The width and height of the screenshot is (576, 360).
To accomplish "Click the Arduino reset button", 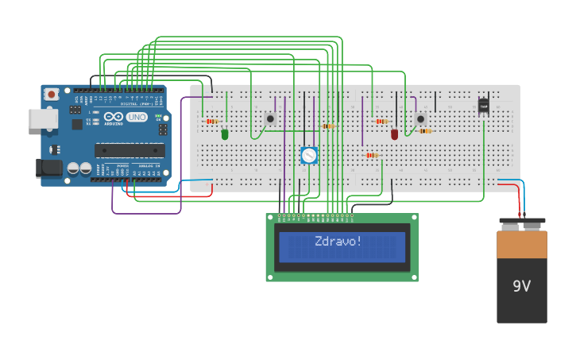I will point(52,94).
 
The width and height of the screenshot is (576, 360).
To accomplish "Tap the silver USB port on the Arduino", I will point(42,118).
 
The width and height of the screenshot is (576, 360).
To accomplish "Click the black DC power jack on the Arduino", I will point(48,168).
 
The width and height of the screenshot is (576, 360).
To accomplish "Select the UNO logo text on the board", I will point(137,117).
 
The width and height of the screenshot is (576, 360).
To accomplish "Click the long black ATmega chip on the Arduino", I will point(130,150).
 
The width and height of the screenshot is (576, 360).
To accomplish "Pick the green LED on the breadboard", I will point(225,134).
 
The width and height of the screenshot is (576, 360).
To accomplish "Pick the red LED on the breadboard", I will point(395,134).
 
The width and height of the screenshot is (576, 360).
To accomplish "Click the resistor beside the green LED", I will point(212,121).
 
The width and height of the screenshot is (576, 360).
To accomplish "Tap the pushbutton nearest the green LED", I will point(270,118).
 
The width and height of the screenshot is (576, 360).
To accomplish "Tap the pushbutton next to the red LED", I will point(420,118).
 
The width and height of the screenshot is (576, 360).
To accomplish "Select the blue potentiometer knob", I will point(309,155).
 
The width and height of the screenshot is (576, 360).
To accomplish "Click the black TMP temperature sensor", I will point(483,106).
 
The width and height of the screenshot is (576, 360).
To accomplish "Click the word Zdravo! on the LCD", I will point(338,241).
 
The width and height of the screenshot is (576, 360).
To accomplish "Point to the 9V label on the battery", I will point(521,286).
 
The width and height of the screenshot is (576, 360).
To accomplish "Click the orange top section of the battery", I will point(522,244).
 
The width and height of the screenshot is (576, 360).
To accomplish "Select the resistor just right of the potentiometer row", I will point(329,126).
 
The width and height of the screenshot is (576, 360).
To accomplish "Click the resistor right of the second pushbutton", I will point(426,130).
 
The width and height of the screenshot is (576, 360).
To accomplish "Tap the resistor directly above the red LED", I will point(382,121).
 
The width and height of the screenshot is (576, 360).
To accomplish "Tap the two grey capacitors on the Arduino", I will point(79,168).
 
